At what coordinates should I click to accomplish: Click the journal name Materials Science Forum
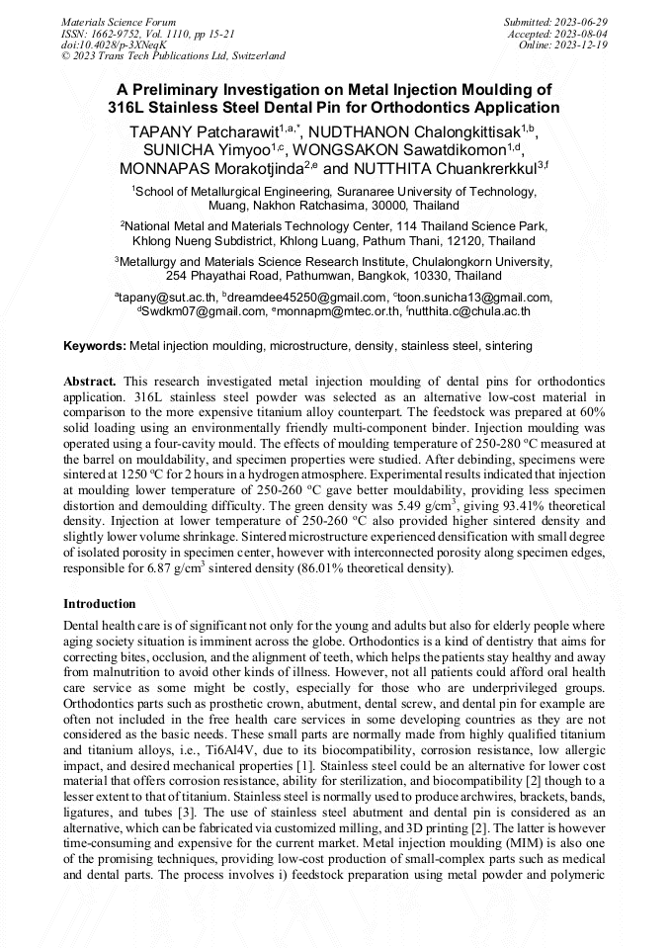[x=119, y=21]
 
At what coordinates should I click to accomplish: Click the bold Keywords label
[x=95, y=346]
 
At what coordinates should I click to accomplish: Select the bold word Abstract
[x=90, y=381]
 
